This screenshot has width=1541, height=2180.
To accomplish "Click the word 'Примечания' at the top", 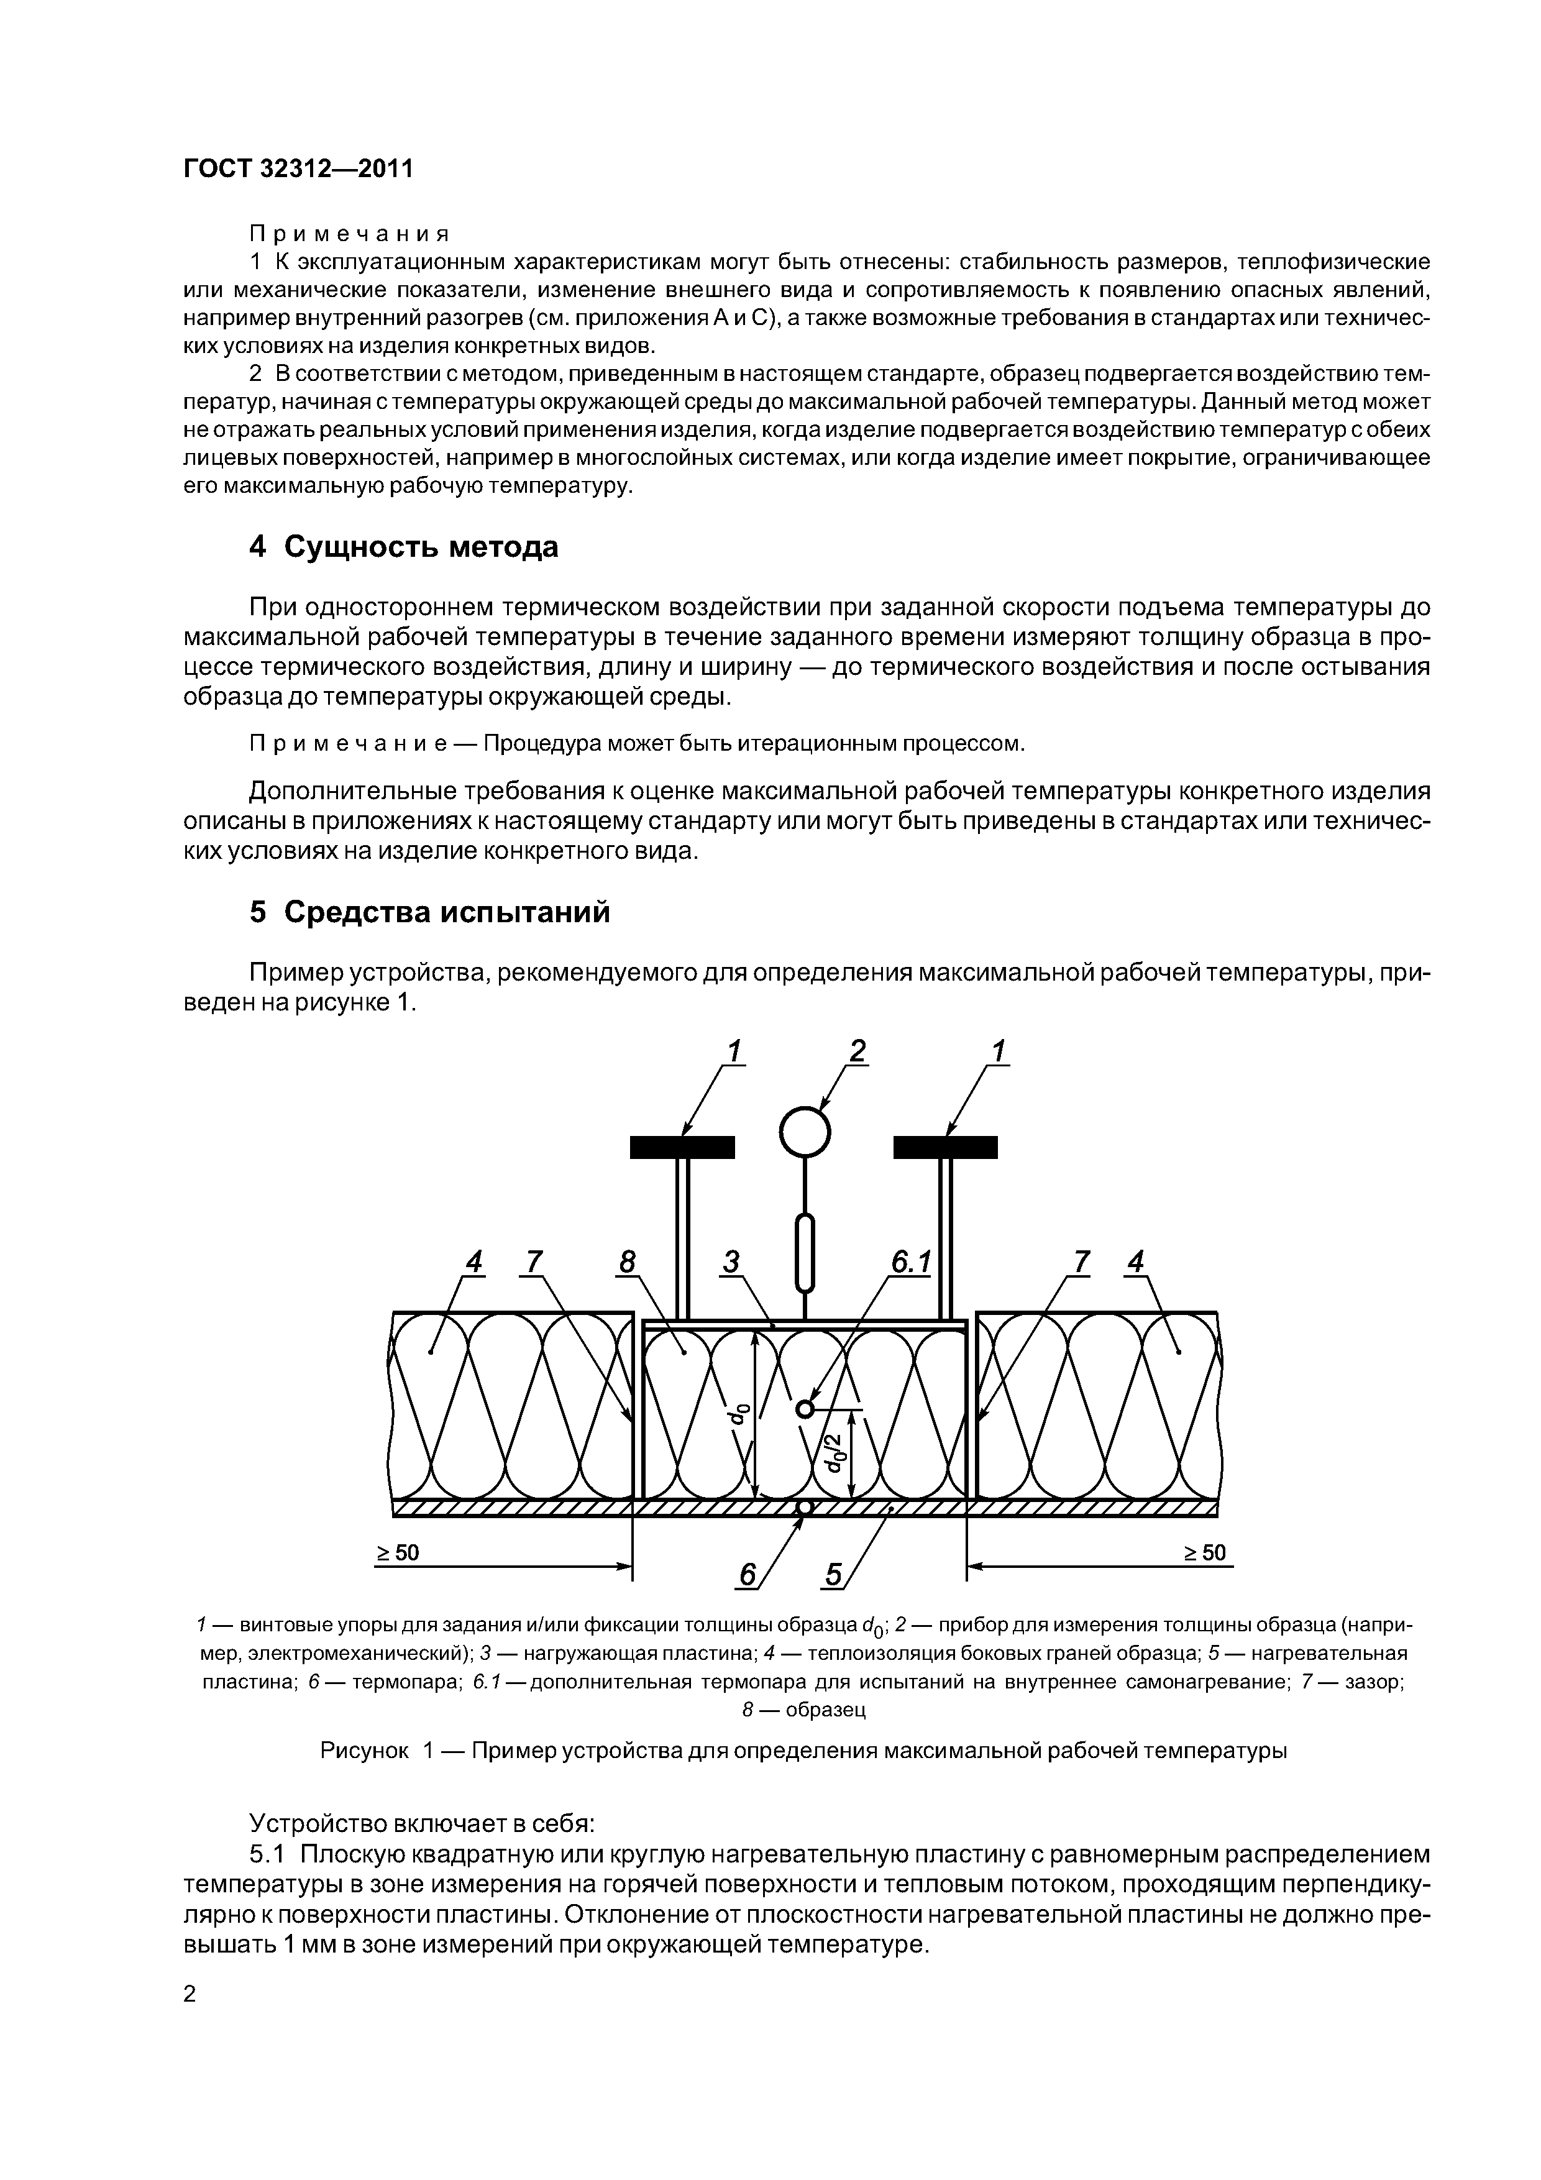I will [349, 232].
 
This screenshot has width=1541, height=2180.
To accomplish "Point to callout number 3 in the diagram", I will [731, 1262].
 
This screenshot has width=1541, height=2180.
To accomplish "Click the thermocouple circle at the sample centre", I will [805, 1409].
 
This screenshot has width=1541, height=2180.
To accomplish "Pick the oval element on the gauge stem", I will [805, 1253].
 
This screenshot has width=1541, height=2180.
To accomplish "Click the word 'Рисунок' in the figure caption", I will [364, 1750].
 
